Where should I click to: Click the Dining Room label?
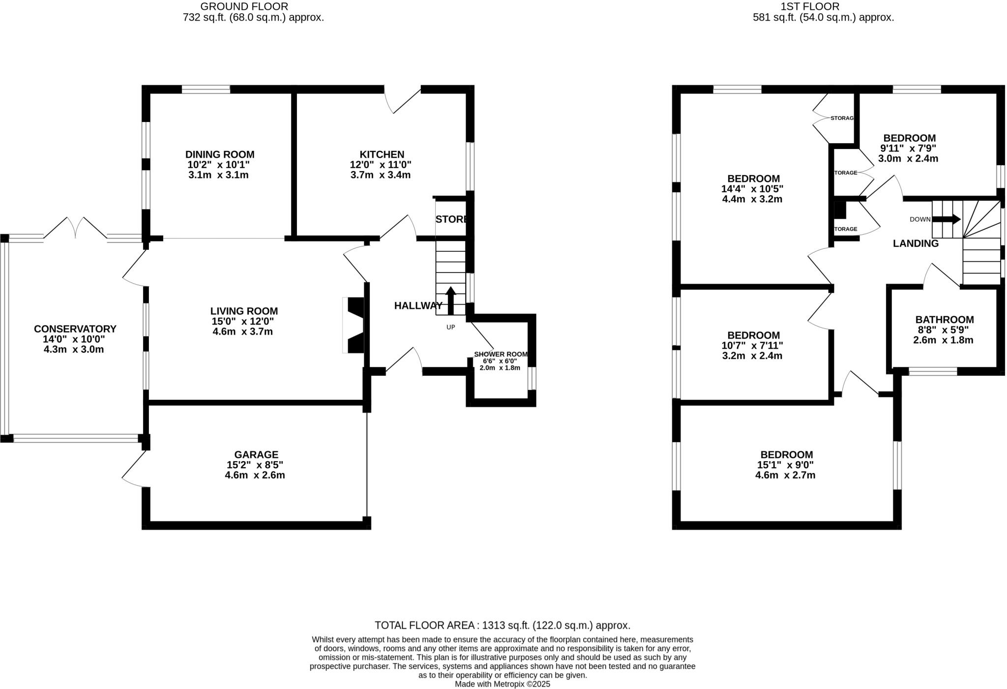[220, 154]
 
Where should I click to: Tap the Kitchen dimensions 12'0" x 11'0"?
[381, 165]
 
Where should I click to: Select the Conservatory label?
[75, 329]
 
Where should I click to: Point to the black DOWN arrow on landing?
[946, 219]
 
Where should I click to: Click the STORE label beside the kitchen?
[451, 219]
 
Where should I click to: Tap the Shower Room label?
[500, 354]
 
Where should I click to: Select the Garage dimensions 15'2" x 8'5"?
[255, 465]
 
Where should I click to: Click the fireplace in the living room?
[354, 325]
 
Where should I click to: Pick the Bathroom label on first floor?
[944, 320]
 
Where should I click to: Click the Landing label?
[915, 243]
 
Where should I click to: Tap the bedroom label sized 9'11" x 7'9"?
[909, 138]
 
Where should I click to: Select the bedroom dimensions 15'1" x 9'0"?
[786, 465]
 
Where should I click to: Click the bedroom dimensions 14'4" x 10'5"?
[752, 189]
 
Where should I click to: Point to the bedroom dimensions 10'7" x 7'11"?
[752, 346]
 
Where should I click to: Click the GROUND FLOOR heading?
[244, 6]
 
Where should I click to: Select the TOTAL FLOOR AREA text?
[502, 626]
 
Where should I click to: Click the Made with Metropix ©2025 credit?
[502, 684]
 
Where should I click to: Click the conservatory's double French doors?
[75, 229]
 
